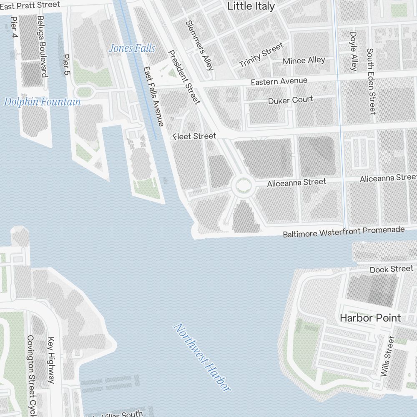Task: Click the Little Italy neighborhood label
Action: (251, 6)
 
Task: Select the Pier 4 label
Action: (15, 28)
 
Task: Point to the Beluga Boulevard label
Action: (41, 46)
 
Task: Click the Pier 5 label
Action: (66, 64)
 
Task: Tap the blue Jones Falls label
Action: (132, 48)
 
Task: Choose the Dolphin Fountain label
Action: (42, 102)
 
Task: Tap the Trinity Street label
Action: (261, 55)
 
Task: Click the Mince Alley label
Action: (304, 61)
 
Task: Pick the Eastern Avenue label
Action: (279, 81)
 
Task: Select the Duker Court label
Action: (291, 100)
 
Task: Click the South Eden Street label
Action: (371, 81)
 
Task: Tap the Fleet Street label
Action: (194, 136)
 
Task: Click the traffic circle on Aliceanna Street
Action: (242, 185)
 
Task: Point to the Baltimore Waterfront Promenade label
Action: (344, 232)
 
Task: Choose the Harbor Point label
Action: (370, 318)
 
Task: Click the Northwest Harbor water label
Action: (202, 357)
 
